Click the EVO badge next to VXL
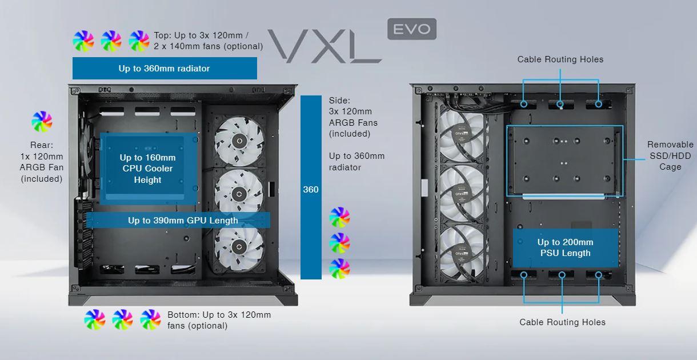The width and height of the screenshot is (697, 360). tap(411, 29)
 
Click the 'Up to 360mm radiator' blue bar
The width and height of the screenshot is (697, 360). tap(165, 69)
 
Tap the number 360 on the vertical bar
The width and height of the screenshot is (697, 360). tap(311, 189)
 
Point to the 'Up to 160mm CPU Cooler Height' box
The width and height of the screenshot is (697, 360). tap(148, 169)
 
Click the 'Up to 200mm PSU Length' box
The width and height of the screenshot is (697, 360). tap(564, 247)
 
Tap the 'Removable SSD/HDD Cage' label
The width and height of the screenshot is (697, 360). tap(670, 155)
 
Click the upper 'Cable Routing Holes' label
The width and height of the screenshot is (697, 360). tap(560, 59)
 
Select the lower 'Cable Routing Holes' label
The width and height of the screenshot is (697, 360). tap(562, 322)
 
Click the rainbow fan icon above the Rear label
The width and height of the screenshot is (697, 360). tap(42, 122)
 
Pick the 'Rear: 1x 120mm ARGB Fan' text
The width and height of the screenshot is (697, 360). tap(41, 162)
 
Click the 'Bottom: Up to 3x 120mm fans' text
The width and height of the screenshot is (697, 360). tap(219, 320)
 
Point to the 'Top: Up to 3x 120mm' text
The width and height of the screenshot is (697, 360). tap(208, 41)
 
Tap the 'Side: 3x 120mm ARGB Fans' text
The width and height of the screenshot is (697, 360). tap(353, 117)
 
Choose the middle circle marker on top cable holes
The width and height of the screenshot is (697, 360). tap(561, 105)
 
